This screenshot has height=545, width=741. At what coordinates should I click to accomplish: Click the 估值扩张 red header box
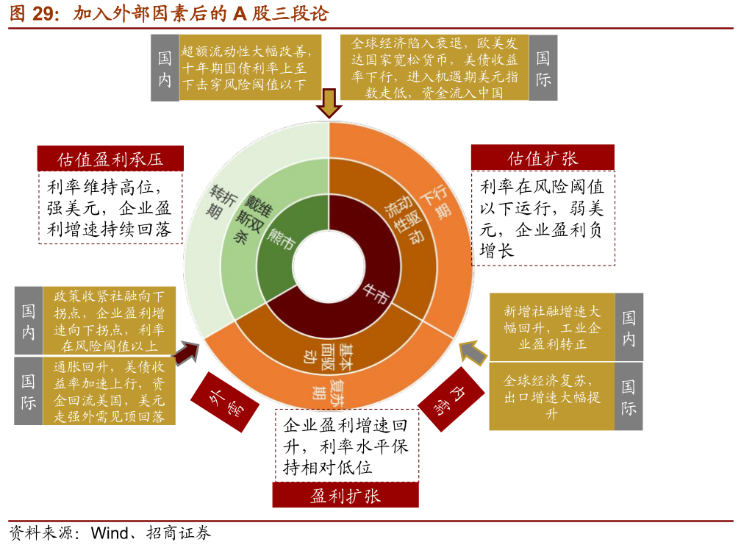[x=543, y=158]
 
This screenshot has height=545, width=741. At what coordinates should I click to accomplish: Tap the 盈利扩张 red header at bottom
[x=346, y=495]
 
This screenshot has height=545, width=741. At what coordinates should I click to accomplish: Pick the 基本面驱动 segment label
[x=323, y=352]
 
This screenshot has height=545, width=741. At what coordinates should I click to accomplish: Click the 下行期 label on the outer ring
[x=436, y=199]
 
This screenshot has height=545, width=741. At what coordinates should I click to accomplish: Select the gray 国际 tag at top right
[x=544, y=68]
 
